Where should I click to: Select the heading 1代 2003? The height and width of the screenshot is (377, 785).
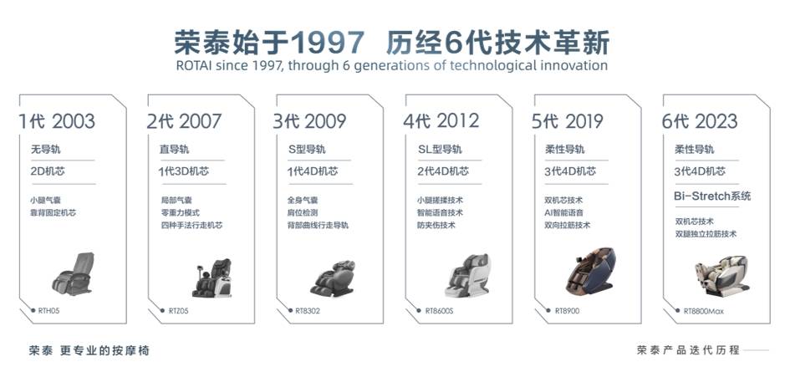click(x=57, y=121)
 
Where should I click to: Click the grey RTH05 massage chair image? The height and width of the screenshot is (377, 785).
click(x=73, y=274)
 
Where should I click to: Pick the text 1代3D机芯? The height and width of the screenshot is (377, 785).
click(x=184, y=171)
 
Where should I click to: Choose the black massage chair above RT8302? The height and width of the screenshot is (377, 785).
click(x=333, y=278)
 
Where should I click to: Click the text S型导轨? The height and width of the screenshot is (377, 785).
click(x=307, y=149)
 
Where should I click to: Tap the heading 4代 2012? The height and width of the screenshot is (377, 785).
click(x=441, y=121)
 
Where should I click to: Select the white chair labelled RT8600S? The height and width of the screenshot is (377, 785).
click(x=467, y=275)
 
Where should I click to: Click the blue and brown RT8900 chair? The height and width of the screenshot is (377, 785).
click(x=591, y=270)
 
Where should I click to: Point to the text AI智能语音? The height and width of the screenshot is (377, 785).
click(x=563, y=213)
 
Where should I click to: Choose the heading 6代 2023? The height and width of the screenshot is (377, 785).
click(x=700, y=121)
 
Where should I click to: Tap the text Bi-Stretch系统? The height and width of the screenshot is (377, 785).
click(x=712, y=196)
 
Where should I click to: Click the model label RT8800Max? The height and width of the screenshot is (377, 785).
click(x=703, y=311)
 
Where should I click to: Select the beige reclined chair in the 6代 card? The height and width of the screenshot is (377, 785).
click(x=722, y=274)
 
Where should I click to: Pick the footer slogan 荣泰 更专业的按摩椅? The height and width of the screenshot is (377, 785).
click(x=89, y=350)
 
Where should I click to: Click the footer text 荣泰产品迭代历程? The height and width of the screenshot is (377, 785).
click(x=688, y=350)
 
